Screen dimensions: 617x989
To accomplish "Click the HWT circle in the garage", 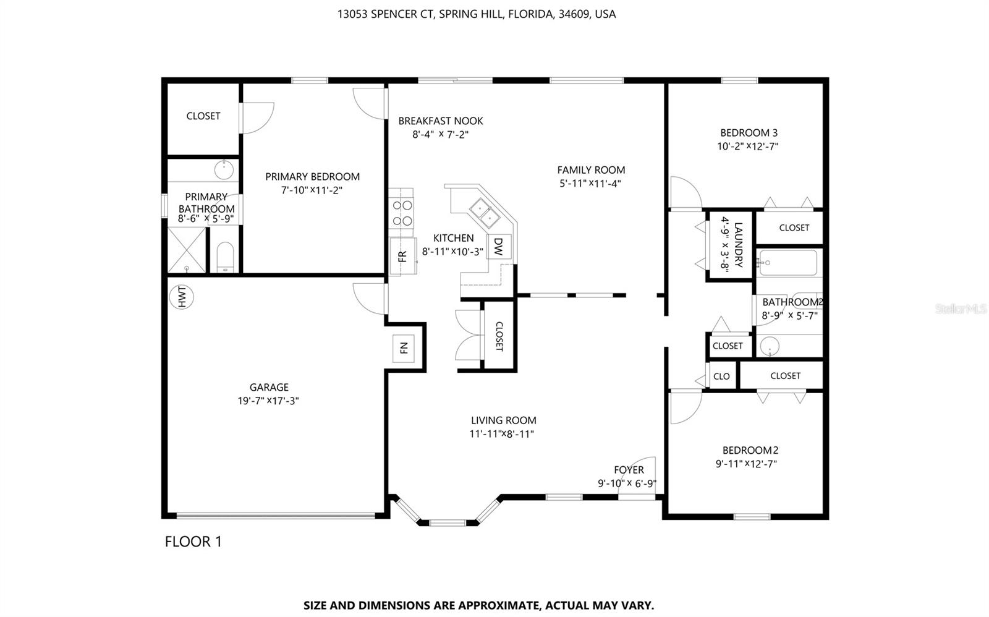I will point(182,297).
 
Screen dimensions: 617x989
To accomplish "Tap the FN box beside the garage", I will point(404,348).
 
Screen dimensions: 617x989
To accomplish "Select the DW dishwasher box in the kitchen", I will point(498,247).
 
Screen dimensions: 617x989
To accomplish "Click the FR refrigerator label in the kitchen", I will point(402,255).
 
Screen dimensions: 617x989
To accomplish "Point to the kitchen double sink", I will point(484,211).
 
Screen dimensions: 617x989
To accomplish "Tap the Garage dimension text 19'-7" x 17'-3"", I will point(269,401).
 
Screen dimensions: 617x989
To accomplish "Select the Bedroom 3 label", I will point(749,132).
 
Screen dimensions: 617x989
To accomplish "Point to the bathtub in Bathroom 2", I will point(788,263).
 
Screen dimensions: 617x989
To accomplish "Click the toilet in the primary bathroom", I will point(226,257).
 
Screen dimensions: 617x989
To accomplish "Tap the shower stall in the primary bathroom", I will point(187,250).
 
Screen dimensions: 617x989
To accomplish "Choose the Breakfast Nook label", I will point(440,121).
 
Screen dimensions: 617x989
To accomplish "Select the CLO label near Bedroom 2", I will point(721,376).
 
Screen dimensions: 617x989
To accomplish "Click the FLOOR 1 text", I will point(193,542).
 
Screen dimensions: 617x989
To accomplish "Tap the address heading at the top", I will point(476,14).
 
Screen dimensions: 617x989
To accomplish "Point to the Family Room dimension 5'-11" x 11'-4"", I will point(590,184).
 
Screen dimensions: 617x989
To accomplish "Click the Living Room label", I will point(503,420).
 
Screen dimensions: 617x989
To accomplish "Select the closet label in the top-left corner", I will point(203,116).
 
